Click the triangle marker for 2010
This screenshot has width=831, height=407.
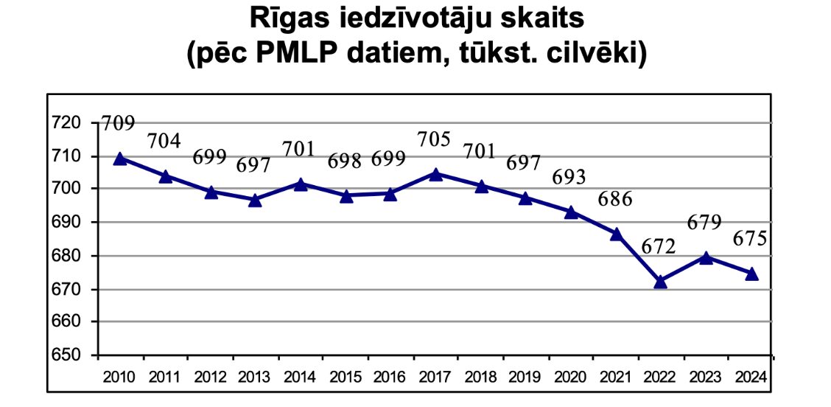(x=120, y=159)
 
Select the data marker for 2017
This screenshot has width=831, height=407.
(x=435, y=174)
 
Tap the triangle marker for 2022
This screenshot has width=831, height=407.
(x=660, y=282)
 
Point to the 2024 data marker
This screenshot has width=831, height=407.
(x=751, y=274)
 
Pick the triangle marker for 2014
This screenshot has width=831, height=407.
(x=301, y=184)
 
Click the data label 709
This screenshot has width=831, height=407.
(x=118, y=124)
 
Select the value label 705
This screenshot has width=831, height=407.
(x=433, y=140)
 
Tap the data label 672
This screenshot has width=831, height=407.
(x=658, y=246)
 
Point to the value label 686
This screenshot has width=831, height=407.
(x=614, y=200)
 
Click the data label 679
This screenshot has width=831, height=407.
(x=704, y=223)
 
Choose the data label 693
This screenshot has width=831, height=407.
(x=569, y=177)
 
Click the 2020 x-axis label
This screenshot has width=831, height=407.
(x=571, y=378)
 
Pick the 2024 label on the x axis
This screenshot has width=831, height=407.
(x=751, y=378)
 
